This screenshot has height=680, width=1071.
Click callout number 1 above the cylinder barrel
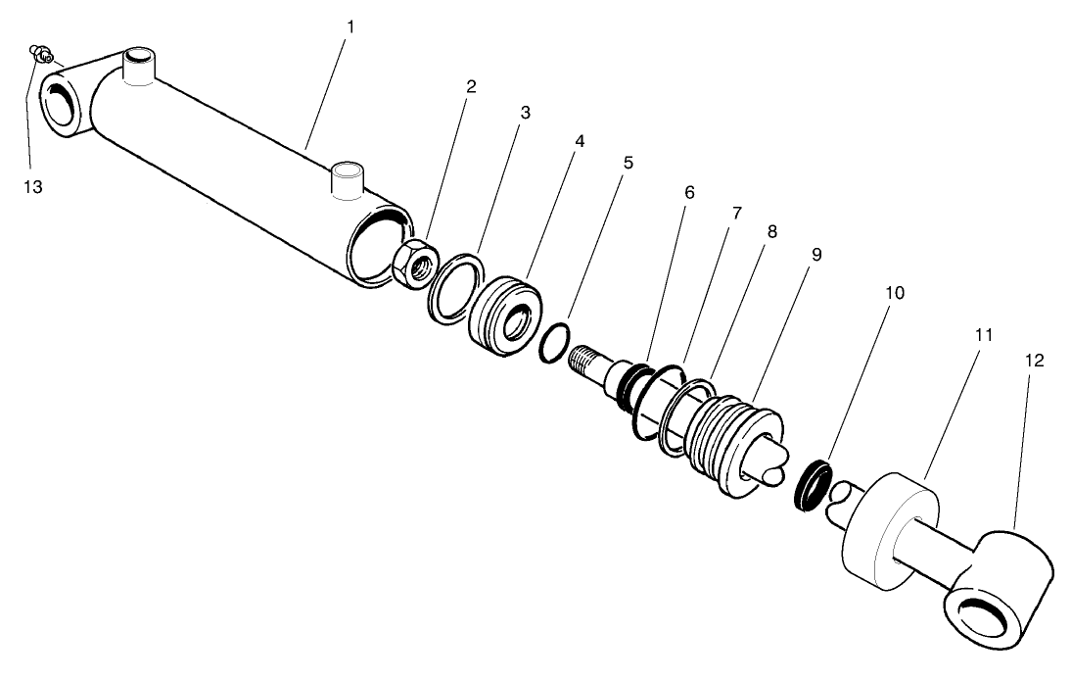tap(350, 26)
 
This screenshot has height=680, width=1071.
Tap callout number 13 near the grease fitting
tap(33, 186)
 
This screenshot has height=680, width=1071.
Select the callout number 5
tap(628, 163)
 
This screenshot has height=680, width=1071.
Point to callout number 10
tap(895, 293)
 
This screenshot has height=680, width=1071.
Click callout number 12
tap(1035, 360)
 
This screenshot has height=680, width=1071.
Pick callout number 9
tap(816, 255)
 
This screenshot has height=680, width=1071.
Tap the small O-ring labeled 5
tap(553, 345)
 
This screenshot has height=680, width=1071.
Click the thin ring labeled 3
tap(455, 287)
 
